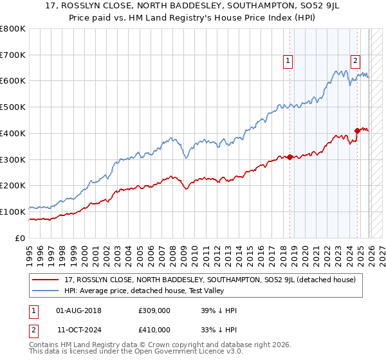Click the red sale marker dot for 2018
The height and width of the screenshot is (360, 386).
[289, 157]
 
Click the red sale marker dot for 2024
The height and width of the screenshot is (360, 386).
[357, 130]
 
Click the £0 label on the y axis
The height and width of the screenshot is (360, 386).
[20, 238]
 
